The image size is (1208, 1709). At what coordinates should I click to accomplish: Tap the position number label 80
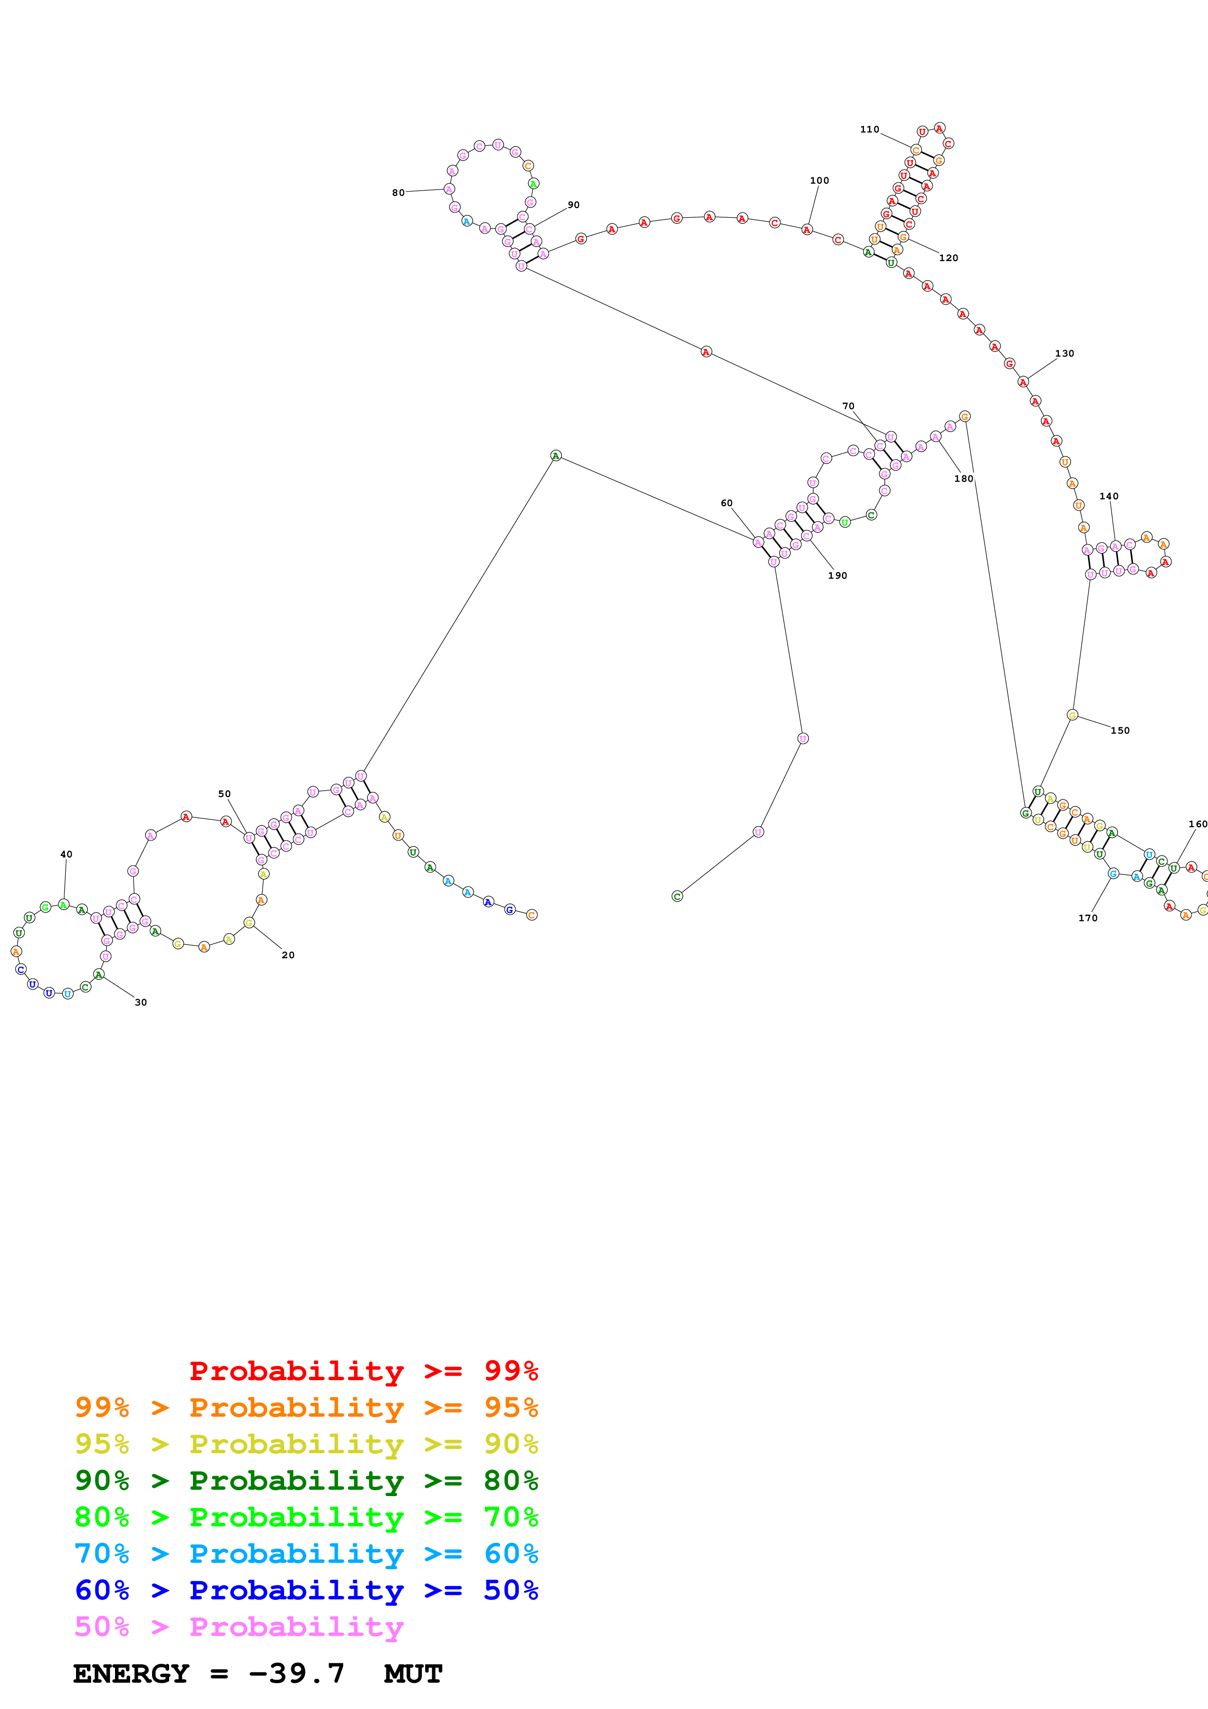[398, 193]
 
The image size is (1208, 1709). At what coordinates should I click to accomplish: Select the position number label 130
[1064, 354]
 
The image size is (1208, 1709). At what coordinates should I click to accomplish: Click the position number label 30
[141, 1002]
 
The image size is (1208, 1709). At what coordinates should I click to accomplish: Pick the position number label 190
[837, 575]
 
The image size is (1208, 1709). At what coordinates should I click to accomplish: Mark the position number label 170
[1088, 918]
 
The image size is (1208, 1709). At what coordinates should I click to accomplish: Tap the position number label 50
[224, 794]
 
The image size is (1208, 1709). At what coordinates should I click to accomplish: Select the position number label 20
[288, 955]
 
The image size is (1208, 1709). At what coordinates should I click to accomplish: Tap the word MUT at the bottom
[413, 1674]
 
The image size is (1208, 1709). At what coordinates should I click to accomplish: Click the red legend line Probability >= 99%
[363, 1370]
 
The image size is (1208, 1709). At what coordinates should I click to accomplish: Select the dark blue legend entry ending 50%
[306, 1590]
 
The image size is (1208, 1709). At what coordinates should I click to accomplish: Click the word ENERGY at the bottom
[131, 1674]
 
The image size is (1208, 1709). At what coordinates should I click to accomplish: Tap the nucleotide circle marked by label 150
[1072, 715]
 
